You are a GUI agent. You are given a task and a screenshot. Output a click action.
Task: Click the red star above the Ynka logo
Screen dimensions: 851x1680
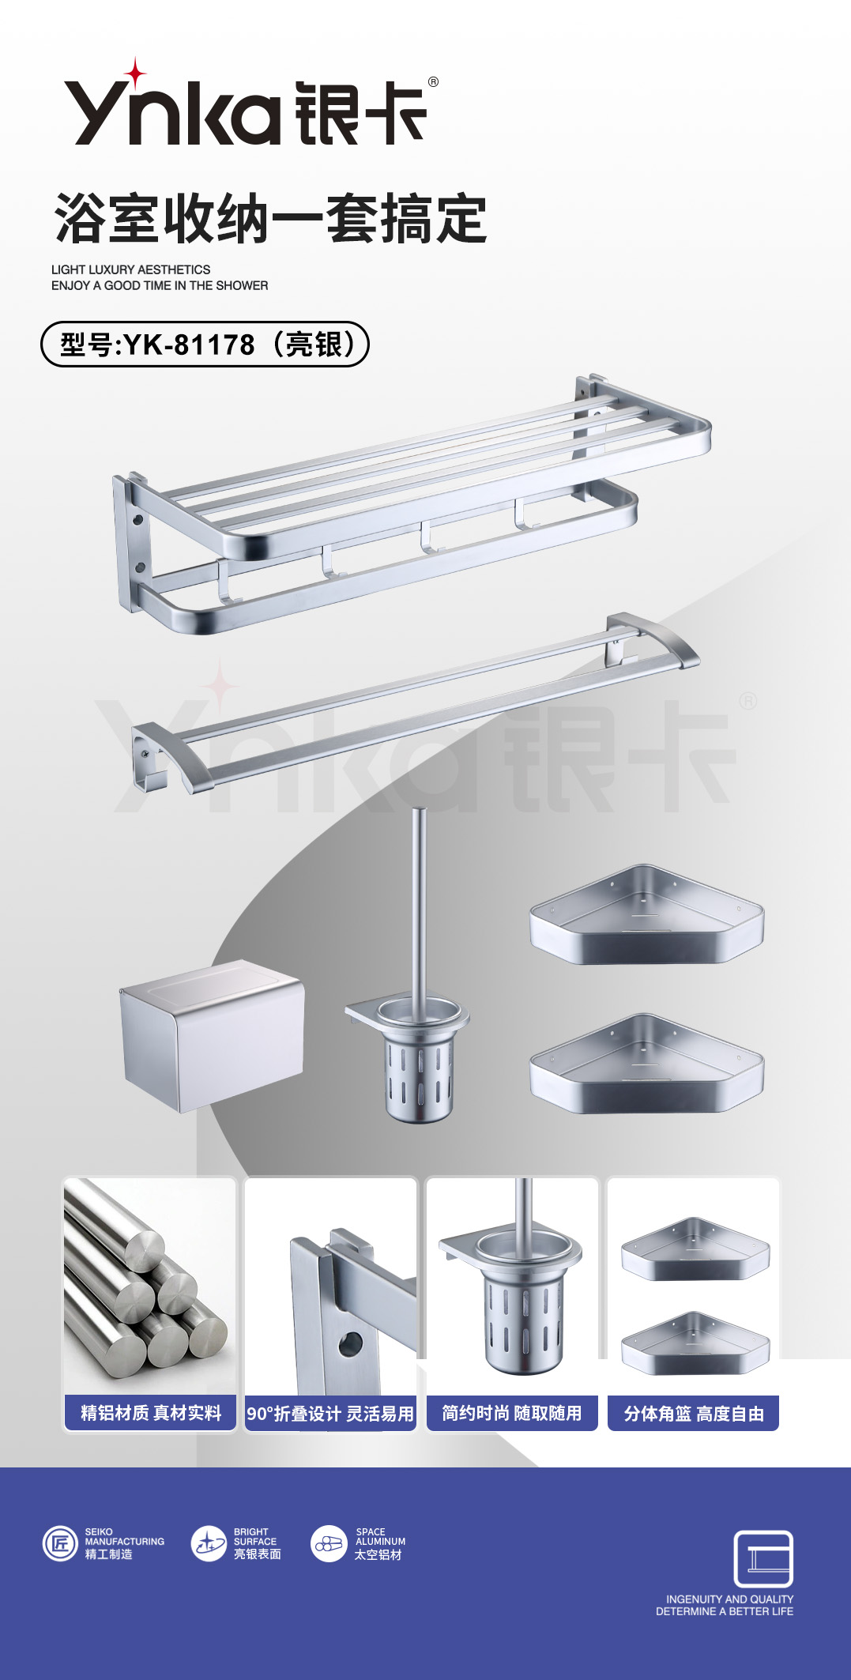(136, 73)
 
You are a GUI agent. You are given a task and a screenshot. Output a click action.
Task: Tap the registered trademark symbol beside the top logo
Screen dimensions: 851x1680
(433, 81)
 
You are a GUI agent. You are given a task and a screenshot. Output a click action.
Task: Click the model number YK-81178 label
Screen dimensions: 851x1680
(205, 345)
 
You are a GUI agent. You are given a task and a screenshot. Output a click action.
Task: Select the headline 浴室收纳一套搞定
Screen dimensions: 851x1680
(270, 219)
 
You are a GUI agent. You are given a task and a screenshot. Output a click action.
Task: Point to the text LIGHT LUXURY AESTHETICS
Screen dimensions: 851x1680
(131, 269)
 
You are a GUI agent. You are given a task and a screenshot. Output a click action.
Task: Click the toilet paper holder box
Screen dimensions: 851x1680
(212, 1035)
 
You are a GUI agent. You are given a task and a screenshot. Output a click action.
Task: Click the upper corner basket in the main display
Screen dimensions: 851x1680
(646, 915)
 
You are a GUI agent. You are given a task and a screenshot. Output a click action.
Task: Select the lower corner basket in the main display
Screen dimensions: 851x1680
(646, 1064)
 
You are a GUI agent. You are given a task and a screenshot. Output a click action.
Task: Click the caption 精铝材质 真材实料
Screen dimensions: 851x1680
(150, 1413)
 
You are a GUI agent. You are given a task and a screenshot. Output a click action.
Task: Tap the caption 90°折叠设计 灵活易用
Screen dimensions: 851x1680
(330, 1414)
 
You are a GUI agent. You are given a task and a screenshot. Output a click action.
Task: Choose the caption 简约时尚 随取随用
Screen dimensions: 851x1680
(512, 1413)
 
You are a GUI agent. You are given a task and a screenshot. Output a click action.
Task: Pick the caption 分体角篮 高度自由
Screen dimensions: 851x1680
(693, 1413)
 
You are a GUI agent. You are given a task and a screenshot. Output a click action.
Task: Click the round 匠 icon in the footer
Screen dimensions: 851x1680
(60, 1543)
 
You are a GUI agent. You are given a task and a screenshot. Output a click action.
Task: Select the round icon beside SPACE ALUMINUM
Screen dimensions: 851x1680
(329, 1543)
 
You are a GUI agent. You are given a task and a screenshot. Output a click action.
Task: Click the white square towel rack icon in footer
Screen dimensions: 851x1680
(763, 1559)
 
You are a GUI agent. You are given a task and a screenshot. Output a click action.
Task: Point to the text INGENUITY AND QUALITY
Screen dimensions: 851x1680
(730, 1599)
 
